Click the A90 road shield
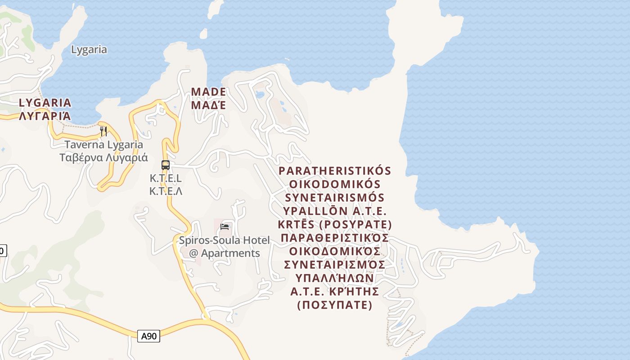point(148,336)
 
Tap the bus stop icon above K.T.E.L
point(166,165)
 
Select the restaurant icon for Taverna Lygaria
point(103,131)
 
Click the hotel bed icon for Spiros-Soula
point(225,227)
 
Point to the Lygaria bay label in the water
point(89,49)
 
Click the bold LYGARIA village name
point(45,103)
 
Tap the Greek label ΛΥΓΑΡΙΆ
point(45,116)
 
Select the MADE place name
point(208,92)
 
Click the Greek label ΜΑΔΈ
point(208,105)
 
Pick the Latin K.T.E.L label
point(166,178)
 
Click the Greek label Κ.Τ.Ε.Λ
point(166,191)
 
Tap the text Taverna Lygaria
point(104,145)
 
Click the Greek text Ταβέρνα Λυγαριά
point(104,158)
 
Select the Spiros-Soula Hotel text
point(225,240)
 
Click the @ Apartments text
point(225,253)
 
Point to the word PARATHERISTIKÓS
point(335,171)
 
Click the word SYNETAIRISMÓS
point(335,198)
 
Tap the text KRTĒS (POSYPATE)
point(335,225)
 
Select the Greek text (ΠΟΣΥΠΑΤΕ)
point(335,306)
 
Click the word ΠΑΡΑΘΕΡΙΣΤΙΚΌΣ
point(335,238)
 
